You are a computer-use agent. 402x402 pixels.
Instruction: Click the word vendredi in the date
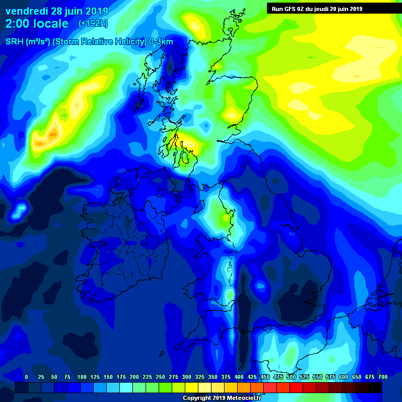(x=27, y=12)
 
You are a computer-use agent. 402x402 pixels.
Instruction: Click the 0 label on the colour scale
(x=26, y=377)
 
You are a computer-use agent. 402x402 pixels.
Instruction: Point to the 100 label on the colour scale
(x=82, y=377)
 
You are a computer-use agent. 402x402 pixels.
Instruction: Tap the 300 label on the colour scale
(x=186, y=377)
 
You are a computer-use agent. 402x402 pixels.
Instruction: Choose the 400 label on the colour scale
(x=239, y=377)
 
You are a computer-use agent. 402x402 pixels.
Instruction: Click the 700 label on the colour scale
(x=383, y=377)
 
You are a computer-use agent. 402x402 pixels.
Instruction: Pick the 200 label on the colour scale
(x=134, y=377)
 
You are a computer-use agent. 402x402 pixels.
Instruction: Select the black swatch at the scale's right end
(x=375, y=387)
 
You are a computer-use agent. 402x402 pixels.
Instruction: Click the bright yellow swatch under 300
(x=192, y=387)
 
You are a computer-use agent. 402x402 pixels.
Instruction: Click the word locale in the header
(x=50, y=24)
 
